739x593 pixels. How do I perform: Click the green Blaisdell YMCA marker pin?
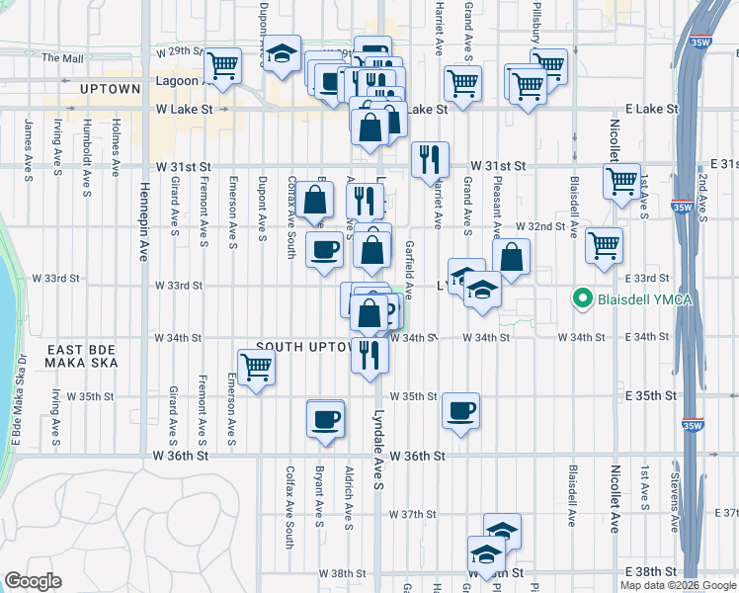pyautogui.click(x=583, y=298)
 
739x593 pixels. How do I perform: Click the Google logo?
pyautogui.click(x=35, y=581)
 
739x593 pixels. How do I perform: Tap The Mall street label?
pyautogui.click(x=62, y=58)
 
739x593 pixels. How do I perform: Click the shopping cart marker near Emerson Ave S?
pyautogui.click(x=257, y=368)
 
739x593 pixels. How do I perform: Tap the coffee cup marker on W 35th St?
pyautogui.click(x=460, y=410)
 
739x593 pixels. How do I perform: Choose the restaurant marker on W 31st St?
pyautogui.click(x=430, y=159)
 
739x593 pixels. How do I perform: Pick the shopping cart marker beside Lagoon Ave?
pyautogui.click(x=223, y=66)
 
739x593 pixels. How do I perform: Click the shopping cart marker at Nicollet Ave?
pyautogui.click(x=621, y=181)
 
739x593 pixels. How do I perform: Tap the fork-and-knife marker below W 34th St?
pyautogui.click(x=369, y=354)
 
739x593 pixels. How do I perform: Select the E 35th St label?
pyautogui.click(x=654, y=395)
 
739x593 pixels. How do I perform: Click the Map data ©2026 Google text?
pyautogui.click(x=677, y=585)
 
